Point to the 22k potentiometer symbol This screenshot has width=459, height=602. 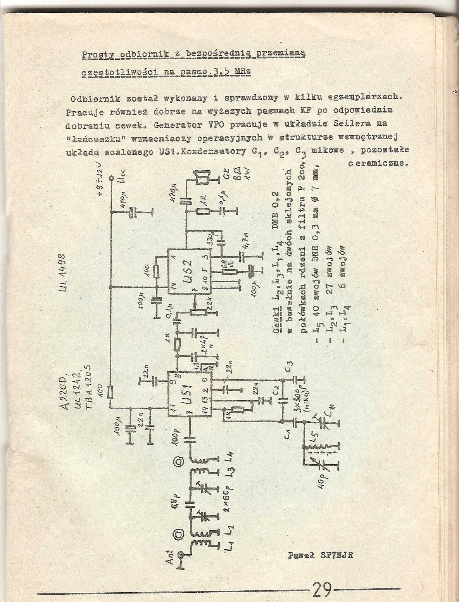(193, 310)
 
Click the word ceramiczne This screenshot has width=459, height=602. (378, 164)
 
